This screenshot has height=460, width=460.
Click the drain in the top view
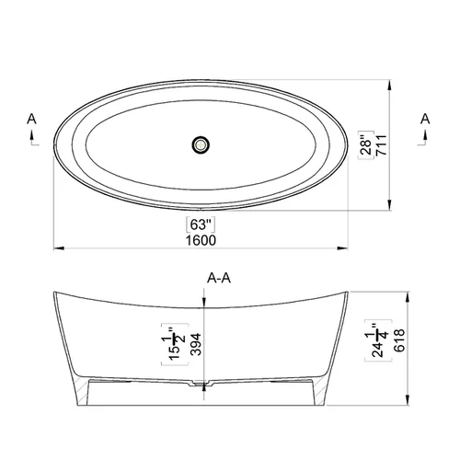(x=201, y=144)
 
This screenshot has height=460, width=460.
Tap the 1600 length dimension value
(x=201, y=240)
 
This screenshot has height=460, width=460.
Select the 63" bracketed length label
(x=201, y=224)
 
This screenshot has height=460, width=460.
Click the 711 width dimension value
(x=382, y=145)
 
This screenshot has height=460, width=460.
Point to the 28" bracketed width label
(x=366, y=144)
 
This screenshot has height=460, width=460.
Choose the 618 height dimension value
(x=399, y=340)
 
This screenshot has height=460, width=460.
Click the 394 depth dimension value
(x=196, y=344)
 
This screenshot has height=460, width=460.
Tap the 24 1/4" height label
(x=378, y=340)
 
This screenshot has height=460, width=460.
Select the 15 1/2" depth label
(x=175, y=344)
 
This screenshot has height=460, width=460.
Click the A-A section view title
(x=219, y=278)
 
